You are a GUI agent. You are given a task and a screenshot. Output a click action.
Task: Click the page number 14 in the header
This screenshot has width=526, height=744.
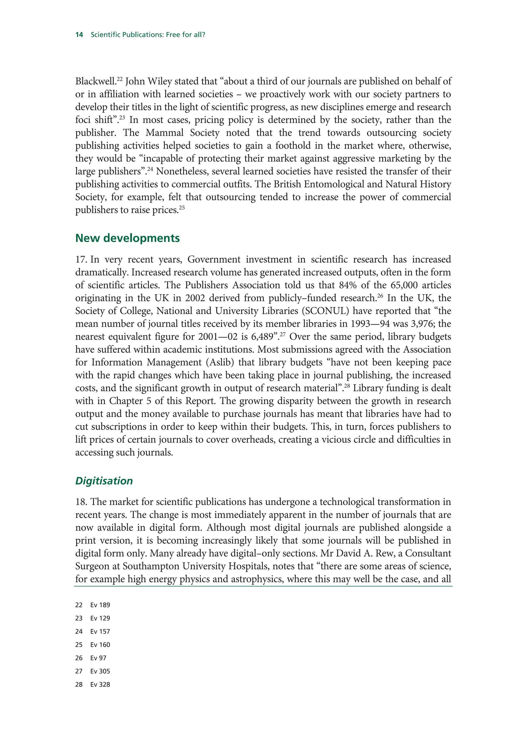tap(79, 35)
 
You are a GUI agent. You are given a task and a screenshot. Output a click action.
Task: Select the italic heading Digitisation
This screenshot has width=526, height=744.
tap(104, 481)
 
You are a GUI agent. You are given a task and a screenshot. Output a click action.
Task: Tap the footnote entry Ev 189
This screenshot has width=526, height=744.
tap(100, 605)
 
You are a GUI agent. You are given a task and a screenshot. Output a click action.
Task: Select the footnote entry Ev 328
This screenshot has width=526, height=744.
tap(100, 684)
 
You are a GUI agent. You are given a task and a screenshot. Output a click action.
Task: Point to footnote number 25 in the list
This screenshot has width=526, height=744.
tap(79, 645)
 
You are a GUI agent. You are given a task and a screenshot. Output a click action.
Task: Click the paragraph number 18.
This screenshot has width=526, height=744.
tap(81, 502)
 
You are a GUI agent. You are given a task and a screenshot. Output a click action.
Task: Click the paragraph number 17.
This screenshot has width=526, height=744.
tap(81, 260)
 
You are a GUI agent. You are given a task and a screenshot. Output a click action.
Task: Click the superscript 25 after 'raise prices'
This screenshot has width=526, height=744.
tap(182, 208)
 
